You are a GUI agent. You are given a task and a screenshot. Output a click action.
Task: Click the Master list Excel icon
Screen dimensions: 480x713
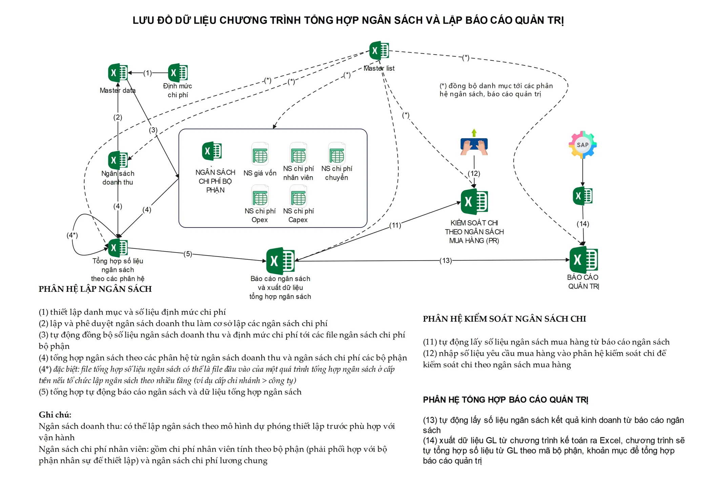379,51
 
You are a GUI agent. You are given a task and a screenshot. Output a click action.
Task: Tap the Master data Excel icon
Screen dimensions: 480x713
118,72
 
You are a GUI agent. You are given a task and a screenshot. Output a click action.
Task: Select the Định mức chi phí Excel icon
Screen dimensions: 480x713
178,72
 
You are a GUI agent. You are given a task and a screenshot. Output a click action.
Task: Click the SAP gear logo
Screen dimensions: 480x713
582,145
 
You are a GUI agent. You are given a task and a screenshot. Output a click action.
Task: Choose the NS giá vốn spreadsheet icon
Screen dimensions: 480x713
260,155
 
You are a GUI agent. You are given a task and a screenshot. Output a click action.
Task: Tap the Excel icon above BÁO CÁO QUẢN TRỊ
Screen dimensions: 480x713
583,260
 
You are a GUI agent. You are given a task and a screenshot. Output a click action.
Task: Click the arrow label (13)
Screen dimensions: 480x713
445,261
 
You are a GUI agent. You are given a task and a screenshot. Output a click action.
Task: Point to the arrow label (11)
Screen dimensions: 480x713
395,225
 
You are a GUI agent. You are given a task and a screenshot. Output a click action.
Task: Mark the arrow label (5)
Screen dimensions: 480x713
188,254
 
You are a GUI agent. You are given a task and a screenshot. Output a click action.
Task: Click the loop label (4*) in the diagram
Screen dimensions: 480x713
72,235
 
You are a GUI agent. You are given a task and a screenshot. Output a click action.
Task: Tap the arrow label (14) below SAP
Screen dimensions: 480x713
583,224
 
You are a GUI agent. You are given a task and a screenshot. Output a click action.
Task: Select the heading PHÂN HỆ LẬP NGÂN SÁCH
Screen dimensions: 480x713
95,289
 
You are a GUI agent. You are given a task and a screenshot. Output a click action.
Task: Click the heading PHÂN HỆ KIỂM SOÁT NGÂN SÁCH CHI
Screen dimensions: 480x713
504,319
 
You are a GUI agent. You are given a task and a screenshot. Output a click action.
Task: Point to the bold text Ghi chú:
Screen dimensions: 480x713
55,415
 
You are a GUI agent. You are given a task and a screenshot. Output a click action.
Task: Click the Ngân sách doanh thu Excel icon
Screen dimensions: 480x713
118,160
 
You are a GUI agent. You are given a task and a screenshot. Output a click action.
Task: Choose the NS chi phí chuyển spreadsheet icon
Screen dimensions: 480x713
337,155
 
